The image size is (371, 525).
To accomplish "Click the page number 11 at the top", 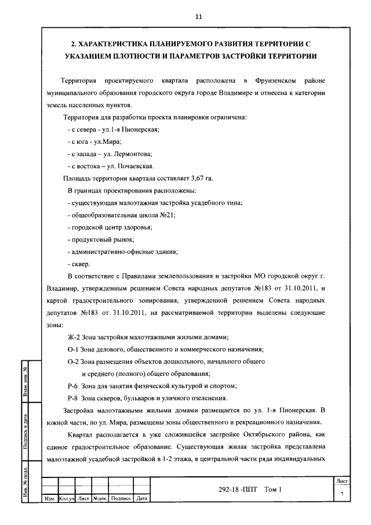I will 198,17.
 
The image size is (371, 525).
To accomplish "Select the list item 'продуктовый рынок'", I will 101,239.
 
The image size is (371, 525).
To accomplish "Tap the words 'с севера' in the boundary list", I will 83,129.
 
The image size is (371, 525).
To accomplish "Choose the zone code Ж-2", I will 74,337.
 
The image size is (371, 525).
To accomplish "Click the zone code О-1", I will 74,349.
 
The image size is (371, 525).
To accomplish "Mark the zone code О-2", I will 74,361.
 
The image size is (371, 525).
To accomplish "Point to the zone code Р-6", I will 74,386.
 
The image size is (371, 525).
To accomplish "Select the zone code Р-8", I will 74,398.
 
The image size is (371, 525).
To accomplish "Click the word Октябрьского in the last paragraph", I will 270,435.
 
